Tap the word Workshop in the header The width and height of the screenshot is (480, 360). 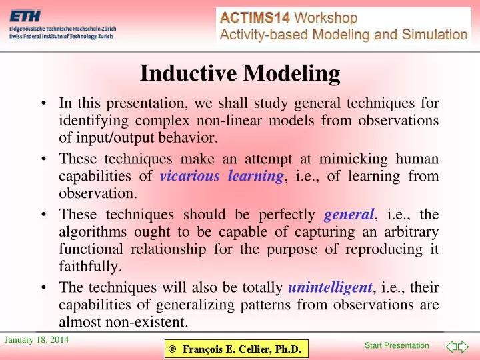click(x=327, y=18)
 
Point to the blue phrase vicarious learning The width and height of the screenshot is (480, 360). click(x=222, y=176)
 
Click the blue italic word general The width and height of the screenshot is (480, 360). click(x=349, y=215)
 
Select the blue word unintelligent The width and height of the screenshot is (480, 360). click(x=330, y=288)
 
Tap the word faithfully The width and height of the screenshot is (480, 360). click(x=91, y=267)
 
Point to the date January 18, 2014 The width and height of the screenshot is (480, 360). click(x=37, y=341)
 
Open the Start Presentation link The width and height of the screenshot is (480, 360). click(x=397, y=345)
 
